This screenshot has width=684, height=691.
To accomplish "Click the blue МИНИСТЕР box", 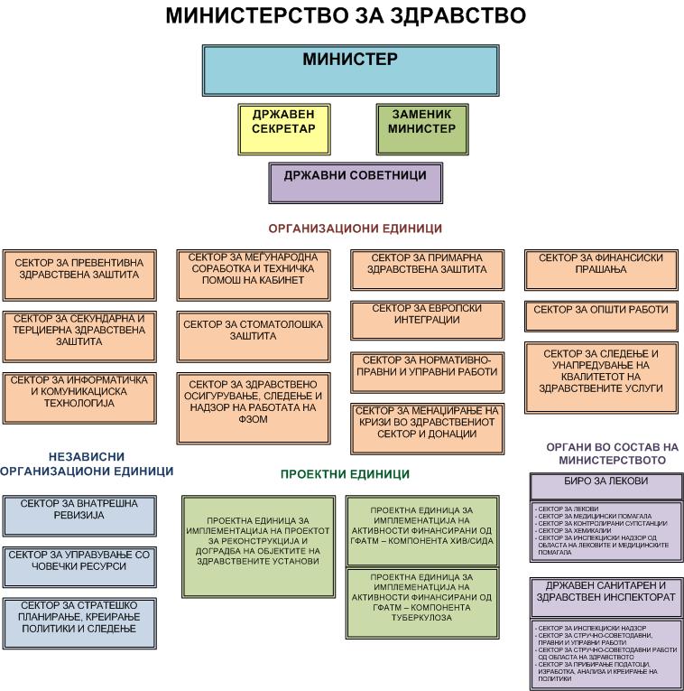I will pos(349,70).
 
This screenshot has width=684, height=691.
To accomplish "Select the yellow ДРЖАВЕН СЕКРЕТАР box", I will pos(283,128).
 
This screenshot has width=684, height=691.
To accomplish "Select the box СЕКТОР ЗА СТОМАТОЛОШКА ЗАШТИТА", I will pos(253,331).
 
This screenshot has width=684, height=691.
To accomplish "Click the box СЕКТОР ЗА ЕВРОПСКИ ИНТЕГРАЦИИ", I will pos(427,316).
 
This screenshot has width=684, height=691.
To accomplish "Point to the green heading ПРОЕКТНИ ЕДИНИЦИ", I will pos(345,473).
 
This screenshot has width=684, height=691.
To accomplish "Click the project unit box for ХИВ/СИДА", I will pos(421,529).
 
